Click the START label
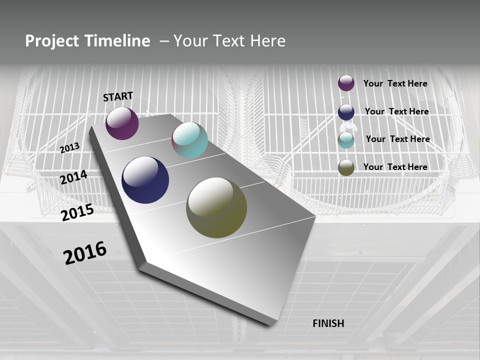(x=118, y=96)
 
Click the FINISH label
(x=328, y=323)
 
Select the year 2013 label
(x=69, y=147)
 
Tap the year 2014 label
(x=73, y=177)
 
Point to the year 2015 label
(x=77, y=212)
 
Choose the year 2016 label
(x=85, y=252)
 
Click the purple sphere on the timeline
(x=122, y=123)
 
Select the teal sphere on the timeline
(x=189, y=140)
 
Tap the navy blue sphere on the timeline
(x=145, y=180)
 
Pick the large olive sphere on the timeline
(x=216, y=207)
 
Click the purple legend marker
(x=346, y=83)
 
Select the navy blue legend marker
(x=346, y=112)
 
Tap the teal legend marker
(x=346, y=140)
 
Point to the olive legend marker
(x=346, y=167)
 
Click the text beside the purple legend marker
(x=395, y=83)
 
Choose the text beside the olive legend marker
(x=395, y=167)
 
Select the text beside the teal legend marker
(x=397, y=139)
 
